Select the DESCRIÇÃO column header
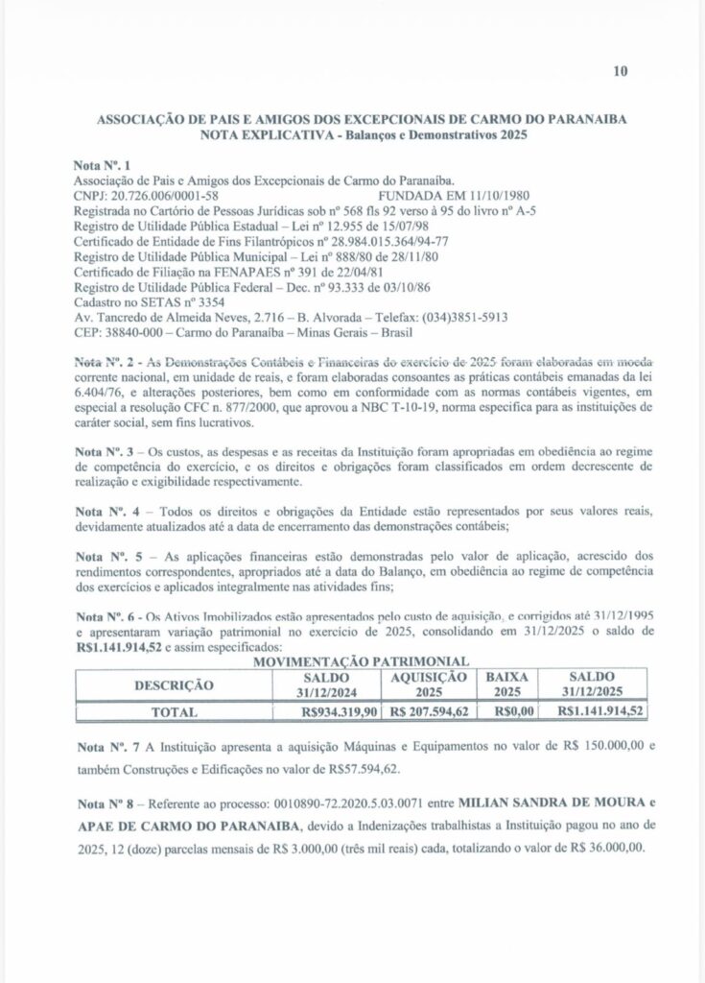pyautogui.click(x=174, y=685)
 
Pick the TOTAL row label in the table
pyautogui.click(x=174, y=713)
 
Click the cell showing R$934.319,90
pyautogui.click(x=339, y=713)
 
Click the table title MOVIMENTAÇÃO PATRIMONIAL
pyautogui.click(x=358, y=662)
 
